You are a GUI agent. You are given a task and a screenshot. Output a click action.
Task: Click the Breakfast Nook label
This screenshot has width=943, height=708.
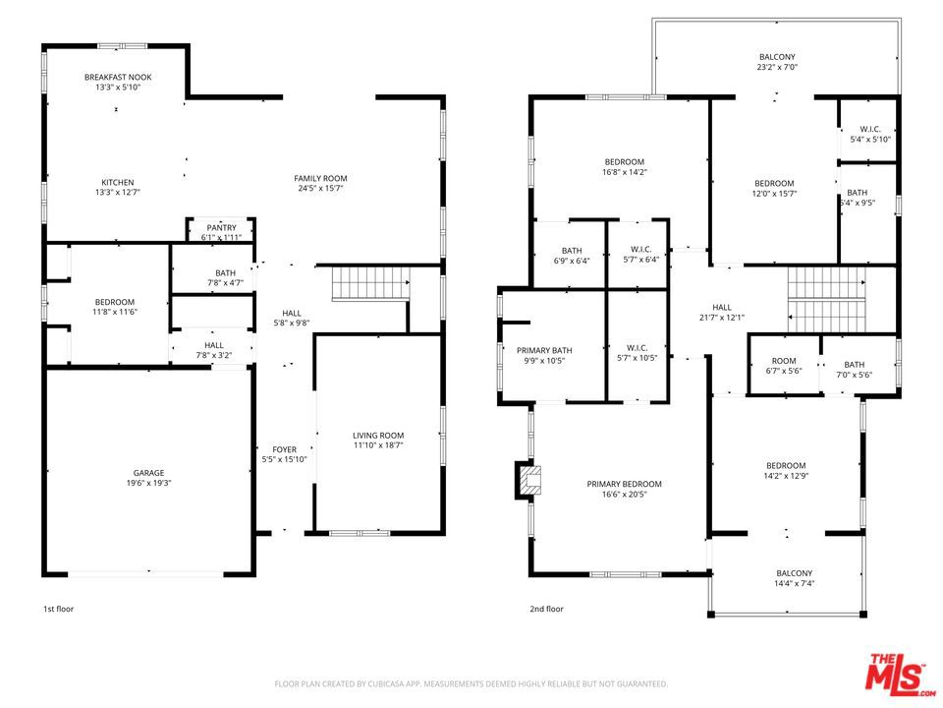pos(118,77)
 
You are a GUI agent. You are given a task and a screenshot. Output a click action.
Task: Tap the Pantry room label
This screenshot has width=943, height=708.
pos(221,227)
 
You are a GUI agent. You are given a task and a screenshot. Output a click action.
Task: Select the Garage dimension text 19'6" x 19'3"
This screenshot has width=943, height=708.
pos(148,483)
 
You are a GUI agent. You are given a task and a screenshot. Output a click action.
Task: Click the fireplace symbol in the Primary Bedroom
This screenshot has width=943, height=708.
pos(527,480)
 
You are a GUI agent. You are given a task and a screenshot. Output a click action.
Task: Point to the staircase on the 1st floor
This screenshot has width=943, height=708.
pos(371,283)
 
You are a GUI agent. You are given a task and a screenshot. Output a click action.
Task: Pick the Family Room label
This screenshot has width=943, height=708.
pos(320,178)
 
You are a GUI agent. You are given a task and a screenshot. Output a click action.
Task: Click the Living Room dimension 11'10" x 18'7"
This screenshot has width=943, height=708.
pos(377,445)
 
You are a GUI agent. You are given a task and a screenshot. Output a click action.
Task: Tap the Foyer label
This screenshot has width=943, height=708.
pos(285,449)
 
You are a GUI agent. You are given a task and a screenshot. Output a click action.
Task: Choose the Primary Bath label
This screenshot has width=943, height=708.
pos(544,350)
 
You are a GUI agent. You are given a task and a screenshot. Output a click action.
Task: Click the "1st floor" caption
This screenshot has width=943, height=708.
pos(58,609)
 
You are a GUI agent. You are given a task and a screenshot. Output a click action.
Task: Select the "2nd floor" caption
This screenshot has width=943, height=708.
pos(547,609)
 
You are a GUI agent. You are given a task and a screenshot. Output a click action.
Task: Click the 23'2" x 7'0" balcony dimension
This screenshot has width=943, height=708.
pos(777,67)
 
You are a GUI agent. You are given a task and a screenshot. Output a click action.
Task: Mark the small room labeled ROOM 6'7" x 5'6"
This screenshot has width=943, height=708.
pos(784,366)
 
